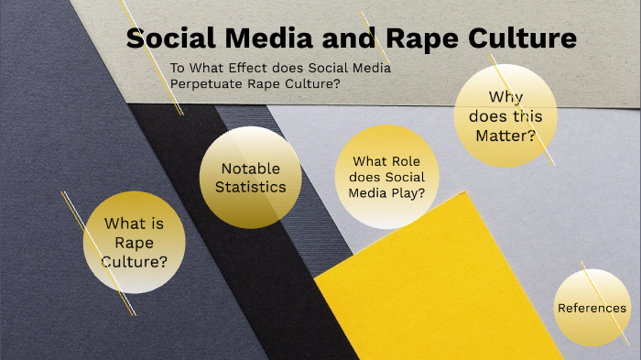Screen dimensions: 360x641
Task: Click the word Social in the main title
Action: pos(172,38)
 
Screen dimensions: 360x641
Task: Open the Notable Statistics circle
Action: pos(250,178)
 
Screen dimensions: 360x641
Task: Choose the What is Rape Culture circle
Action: pos(135,242)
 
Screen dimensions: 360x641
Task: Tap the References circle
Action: pos(592,308)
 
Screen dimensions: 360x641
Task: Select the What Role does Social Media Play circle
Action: pos(387,177)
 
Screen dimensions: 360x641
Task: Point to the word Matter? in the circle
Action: pos(505,136)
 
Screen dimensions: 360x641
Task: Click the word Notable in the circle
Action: pos(250,169)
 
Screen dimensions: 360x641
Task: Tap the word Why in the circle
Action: pos(505,96)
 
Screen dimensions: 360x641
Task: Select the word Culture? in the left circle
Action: pos(135,262)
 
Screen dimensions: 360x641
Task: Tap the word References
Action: pos(592,308)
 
